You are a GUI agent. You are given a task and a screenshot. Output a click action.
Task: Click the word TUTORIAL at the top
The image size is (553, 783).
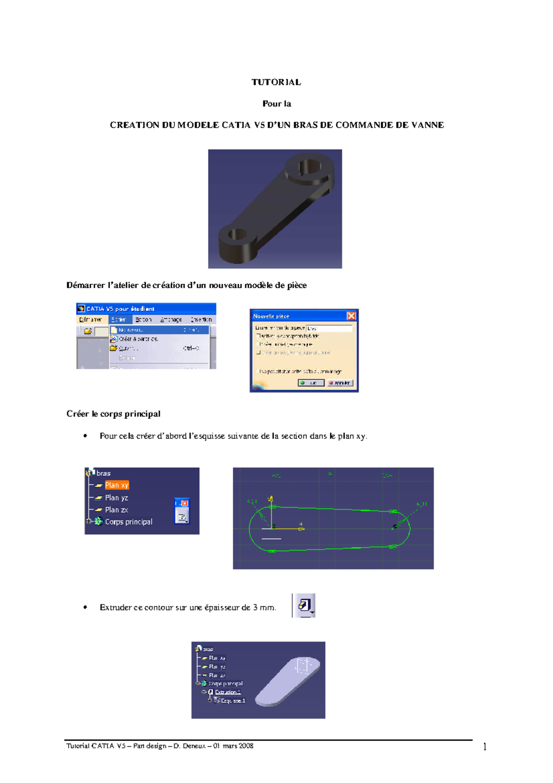pyautogui.click(x=276, y=82)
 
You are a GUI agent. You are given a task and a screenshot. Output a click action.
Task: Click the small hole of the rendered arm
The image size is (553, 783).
pyautogui.click(x=237, y=234)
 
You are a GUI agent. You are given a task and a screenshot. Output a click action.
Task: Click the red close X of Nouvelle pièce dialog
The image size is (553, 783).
pyautogui.click(x=351, y=316)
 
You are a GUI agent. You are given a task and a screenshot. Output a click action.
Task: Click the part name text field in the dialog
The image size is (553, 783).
pyautogui.click(x=329, y=328)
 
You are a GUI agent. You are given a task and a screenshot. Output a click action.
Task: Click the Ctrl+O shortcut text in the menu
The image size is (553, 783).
pyautogui.click(x=191, y=348)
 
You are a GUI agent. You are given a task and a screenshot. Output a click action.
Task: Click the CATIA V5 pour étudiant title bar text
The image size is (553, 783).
pyautogui.click(x=120, y=309)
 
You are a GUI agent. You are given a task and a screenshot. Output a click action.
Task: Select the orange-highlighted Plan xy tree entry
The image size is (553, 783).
pyautogui.click(x=117, y=485)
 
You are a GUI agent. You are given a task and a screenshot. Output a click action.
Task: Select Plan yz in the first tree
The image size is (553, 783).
pyautogui.click(x=116, y=498)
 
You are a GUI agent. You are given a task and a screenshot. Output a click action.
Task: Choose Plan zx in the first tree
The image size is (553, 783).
pyautogui.click(x=116, y=510)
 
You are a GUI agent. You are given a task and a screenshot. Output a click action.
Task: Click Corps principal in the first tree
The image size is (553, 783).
pyautogui.click(x=128, y=522)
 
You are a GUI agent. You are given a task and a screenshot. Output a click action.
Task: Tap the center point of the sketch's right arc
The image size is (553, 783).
pyautogui.click(x=394, y=527)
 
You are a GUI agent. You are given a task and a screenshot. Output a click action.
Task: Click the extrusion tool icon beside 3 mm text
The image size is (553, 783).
pyautogui.click(x=305, y=605)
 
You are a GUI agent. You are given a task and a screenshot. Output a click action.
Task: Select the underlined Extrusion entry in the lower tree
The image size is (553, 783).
pyautogui.click(x=228, y=692)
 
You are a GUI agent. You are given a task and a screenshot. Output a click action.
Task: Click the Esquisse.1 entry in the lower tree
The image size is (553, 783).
pyautogui.click(x=233, y=700)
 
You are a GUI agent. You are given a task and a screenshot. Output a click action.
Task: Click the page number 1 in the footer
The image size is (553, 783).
pyautogui.click(x=485, y=747)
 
